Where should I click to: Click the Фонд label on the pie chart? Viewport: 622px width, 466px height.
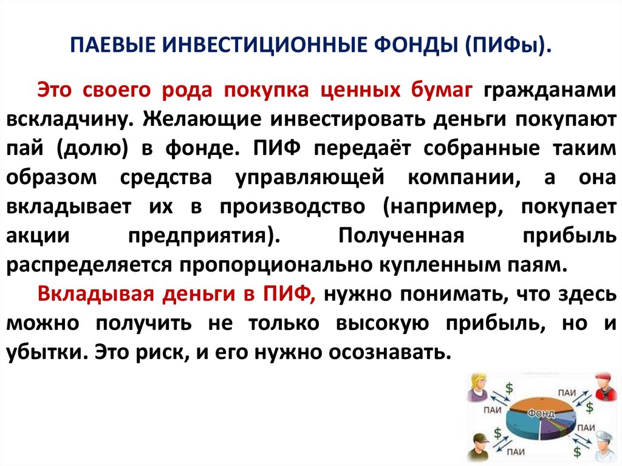pyautogui.click(x=540, y=414)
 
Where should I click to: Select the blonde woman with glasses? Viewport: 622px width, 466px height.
pyautogui.click(x=477, y=387)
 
